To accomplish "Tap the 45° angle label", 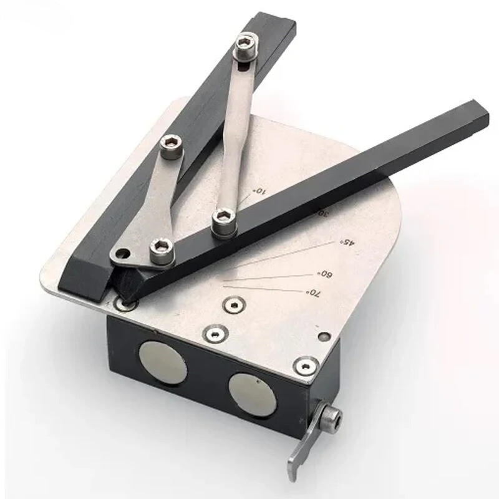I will tap(344, 241).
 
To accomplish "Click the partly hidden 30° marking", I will tap(321, 212).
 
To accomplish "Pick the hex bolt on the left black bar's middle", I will tap(171, 147).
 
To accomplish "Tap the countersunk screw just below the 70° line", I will tap(233, 305).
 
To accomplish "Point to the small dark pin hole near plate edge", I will tap(322, 337).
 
